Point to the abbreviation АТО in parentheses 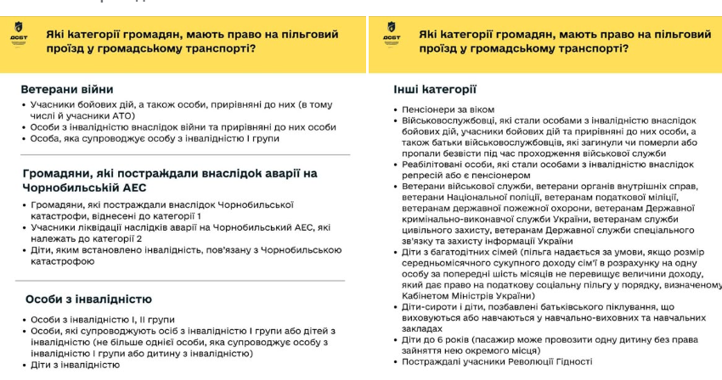click(123, 115)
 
